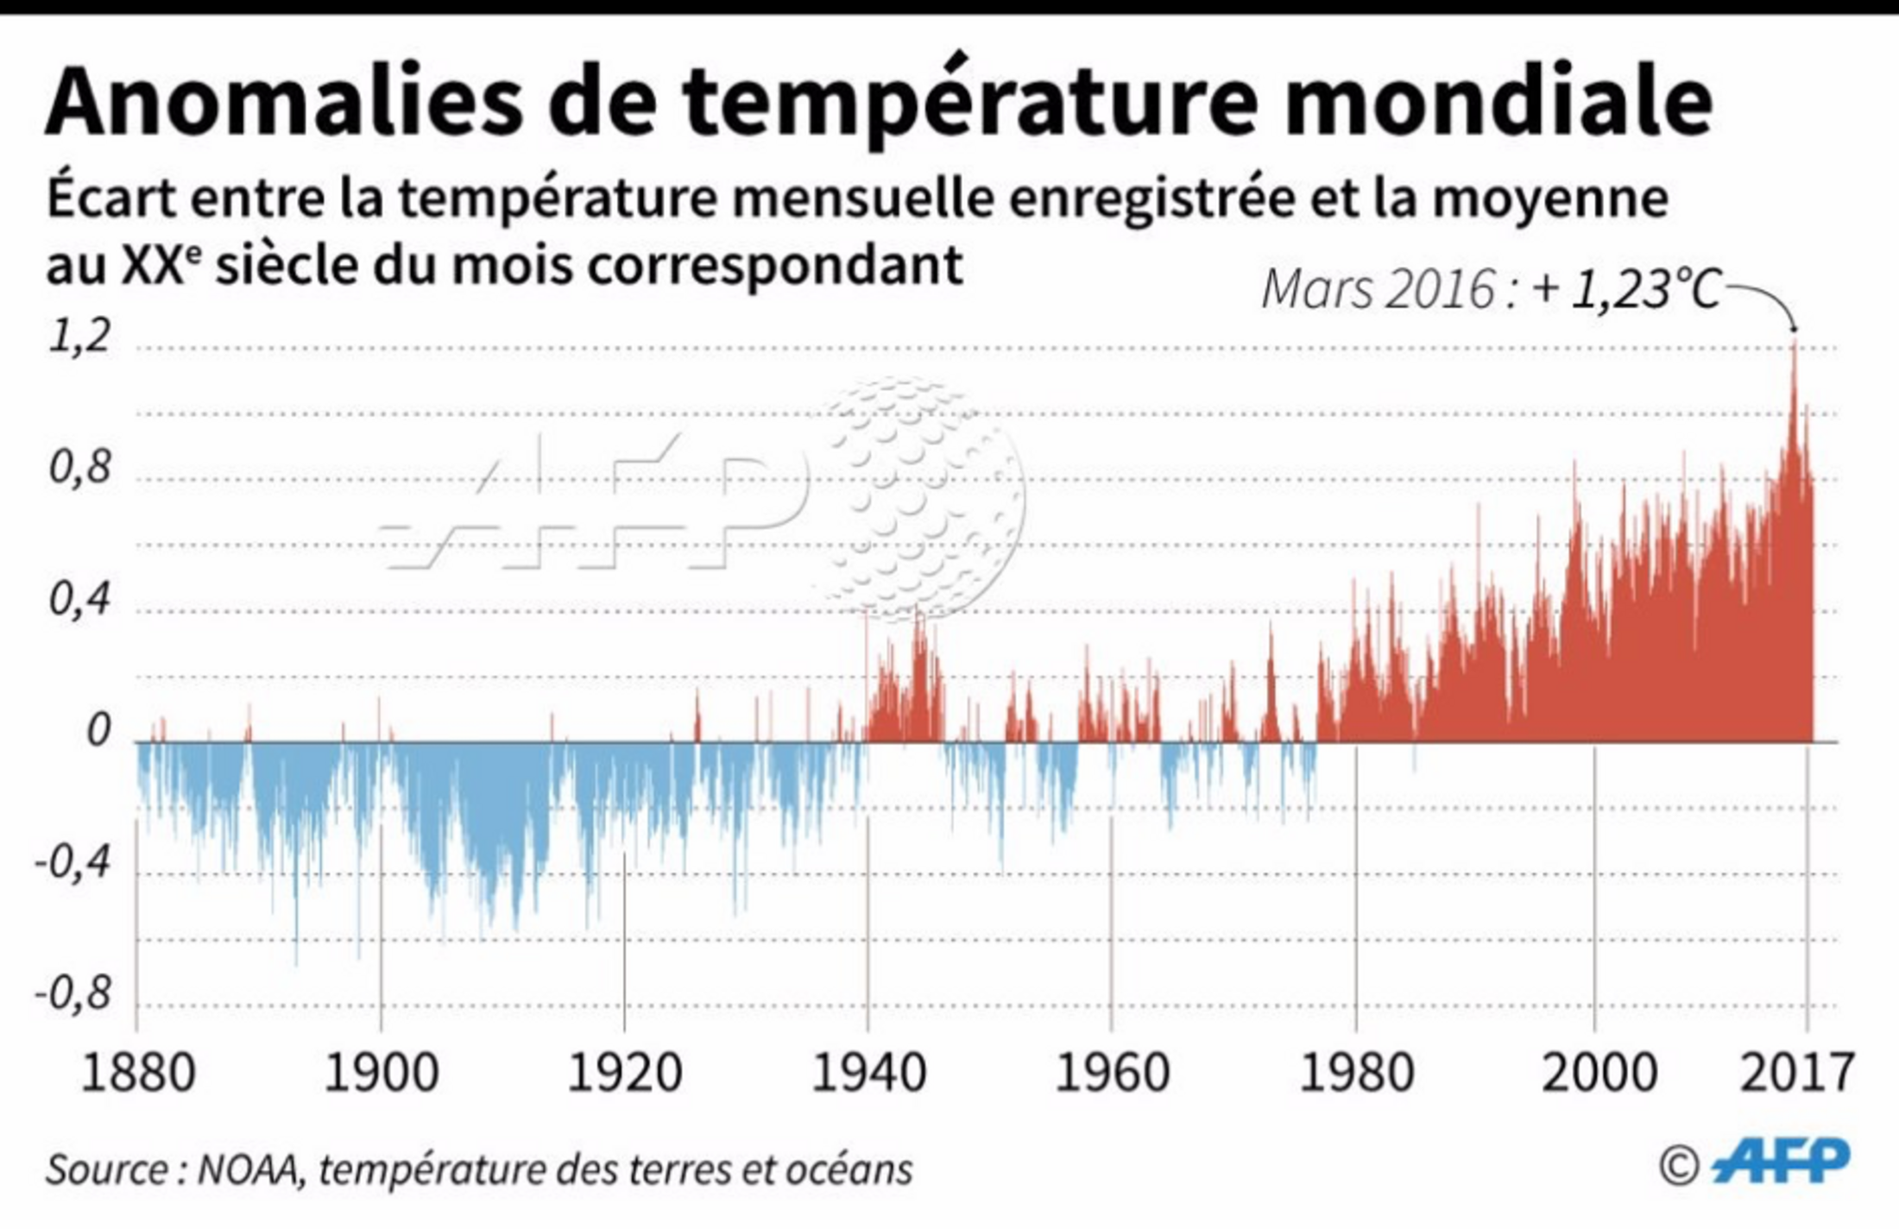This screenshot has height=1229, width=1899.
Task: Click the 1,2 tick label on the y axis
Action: (80, 337)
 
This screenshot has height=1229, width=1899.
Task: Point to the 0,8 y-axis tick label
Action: (80, 469)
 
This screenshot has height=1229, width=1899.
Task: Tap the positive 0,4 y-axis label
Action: (80, 600)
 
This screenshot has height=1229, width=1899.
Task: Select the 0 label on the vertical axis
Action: (98, 731)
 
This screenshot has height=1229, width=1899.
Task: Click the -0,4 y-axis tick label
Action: (73, 862)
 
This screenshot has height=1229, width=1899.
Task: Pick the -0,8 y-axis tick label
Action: (73, 994)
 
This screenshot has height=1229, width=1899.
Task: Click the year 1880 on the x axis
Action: (138, 1074)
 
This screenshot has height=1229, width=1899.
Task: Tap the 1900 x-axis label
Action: (382, 1074)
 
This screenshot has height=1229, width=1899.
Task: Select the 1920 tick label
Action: (625, 1074)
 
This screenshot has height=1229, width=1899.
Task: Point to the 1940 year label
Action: (868, 1074)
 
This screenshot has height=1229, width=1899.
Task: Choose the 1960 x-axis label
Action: (1112, 1074)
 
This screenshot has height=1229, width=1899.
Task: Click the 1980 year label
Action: (1356, 1074)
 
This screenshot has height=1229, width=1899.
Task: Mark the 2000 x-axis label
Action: (1599, 1074)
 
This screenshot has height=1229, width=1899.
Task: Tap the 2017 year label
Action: (1796, 1074)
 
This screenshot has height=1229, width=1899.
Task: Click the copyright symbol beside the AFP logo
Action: (1679, 1167)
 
